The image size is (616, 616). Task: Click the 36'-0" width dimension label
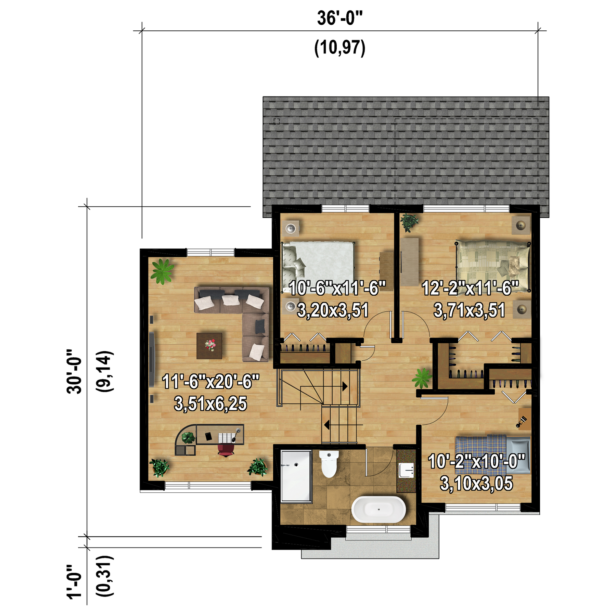point(339,18)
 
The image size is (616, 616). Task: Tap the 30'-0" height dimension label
point(74,372)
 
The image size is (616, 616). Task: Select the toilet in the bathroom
point(329,464)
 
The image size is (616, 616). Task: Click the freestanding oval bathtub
point(378,509)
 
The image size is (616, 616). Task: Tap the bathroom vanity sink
point(406,470)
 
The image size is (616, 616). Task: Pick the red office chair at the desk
point(226,450)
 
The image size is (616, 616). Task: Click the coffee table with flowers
point(209,346)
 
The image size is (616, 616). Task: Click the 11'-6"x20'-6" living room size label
point(210,382)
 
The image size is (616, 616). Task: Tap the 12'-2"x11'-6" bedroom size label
point(470,288)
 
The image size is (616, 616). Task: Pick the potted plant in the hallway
point(422,378)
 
